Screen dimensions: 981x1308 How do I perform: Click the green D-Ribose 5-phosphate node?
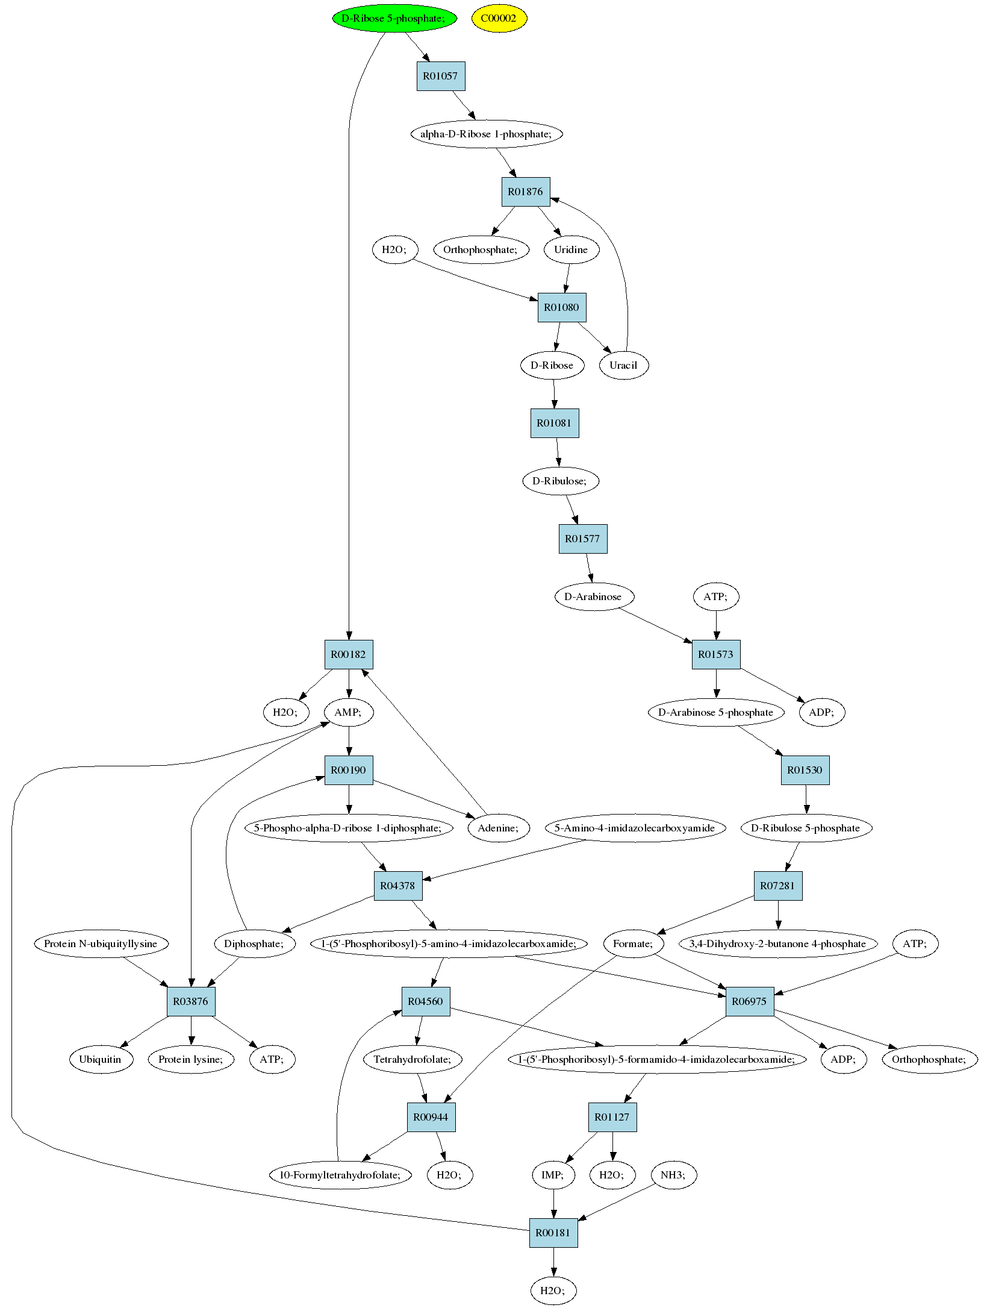pyautogui.click(x=394, y=18)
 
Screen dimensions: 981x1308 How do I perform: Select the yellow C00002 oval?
pyautogui.click(x=499, y=18)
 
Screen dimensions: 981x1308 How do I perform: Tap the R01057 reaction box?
pyautogui.click(x=441, y=76)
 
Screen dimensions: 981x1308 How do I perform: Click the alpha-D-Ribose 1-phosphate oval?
pyautogui.click(x=486, y=134)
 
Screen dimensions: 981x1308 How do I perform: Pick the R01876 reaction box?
pyautogui.click(x=526, y=192)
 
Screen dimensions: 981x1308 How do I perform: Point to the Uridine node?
pyautogui.click(x=571, y=249)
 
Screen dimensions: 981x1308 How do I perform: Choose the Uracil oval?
pyautogui.click(x=624, y=365)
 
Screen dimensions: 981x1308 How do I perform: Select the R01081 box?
pyautogui.click(x=555, y=423)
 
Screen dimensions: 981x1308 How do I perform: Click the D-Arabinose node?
pyautogui.click(x=593, y=596)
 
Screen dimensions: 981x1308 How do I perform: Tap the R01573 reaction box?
pyautogui.click(x=716, y=654)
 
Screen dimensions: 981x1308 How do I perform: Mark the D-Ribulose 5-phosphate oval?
pyautogui.click(x=806, y=828)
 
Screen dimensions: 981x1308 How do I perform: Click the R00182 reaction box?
pyautogui.click(x=349, y=654)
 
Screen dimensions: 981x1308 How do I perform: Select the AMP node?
pyautogui.click(x=348, y=712)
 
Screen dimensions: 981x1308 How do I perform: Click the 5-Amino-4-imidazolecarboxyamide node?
pyautogui.click(x=635, y=828)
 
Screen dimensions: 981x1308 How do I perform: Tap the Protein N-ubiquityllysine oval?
pyautogui.click(x=101, y=943)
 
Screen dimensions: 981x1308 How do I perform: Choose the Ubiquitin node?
pyautogui.click(x=101, y=1059)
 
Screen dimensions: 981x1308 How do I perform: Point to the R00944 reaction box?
pyautogui.click(x=431, y=1117)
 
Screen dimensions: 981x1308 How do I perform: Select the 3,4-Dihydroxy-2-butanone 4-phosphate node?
pyautogui.click(x=778, y=943)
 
